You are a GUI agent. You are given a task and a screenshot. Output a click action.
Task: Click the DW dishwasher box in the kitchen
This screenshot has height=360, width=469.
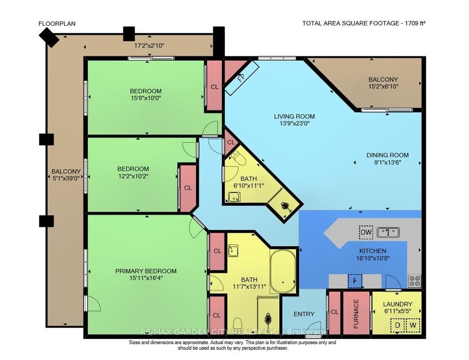tap(366, 232)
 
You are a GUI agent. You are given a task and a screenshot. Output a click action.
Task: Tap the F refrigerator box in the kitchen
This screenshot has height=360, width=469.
tap(355, 282)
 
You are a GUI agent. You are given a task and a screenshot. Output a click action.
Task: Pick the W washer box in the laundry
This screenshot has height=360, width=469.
tap(413, 325)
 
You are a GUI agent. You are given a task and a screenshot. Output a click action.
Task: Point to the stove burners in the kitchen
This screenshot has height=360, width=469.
tap(415, 281)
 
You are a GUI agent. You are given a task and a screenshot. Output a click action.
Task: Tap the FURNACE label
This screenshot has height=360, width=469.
tap(356, 314)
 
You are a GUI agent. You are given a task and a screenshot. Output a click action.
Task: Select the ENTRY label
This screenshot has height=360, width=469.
tap(304, 314)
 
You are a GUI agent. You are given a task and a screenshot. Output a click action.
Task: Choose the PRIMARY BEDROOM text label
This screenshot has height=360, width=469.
tap(146, 271)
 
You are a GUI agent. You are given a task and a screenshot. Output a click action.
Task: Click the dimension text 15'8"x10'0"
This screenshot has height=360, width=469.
tap(146, 98)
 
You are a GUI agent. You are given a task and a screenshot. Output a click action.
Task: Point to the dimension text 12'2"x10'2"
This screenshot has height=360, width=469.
tap(133, 176)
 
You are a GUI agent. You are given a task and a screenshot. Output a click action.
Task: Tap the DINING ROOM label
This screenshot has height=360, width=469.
tap(387, 155)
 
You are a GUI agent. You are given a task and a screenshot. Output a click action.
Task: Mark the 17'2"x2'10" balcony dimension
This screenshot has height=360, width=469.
tap(149, 46)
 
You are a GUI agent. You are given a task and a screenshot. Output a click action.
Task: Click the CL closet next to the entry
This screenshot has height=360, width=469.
tap(334, 312)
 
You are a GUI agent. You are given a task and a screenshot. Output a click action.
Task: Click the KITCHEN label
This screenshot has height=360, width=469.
tap(373, 251)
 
